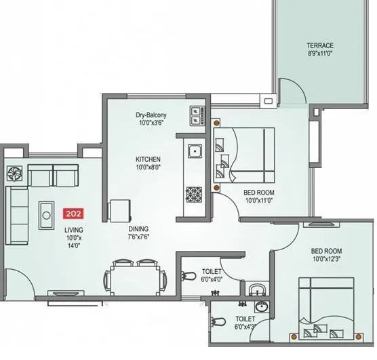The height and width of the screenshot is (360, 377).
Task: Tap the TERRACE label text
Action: pos(320,45)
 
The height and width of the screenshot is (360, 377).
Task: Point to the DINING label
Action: pos(139,228)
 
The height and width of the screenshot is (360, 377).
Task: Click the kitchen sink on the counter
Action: pos(193,151)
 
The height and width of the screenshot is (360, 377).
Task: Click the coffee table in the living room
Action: pos(47,216)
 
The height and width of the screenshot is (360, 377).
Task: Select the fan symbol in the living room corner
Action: pos(14,172)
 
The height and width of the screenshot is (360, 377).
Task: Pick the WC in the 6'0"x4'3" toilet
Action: pos(218,321)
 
